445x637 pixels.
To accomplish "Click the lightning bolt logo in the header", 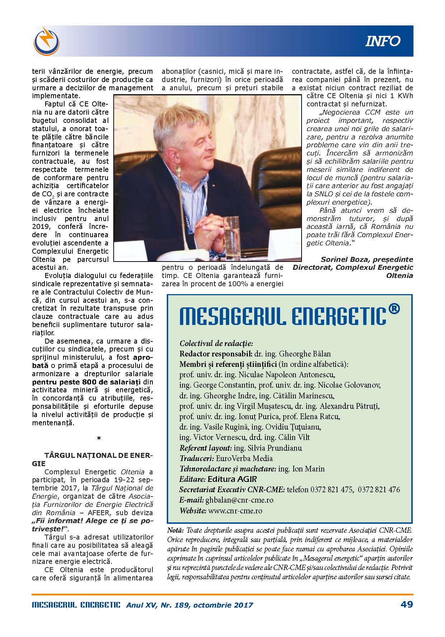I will [47, 40].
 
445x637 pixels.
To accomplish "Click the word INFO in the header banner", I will [383, 41].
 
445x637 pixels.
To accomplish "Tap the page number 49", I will [406, 604].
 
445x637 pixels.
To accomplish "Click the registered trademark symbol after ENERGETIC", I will [394, 309].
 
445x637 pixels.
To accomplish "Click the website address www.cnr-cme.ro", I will [235, 511].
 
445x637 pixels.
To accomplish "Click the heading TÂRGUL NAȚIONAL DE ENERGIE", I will [98, 455].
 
